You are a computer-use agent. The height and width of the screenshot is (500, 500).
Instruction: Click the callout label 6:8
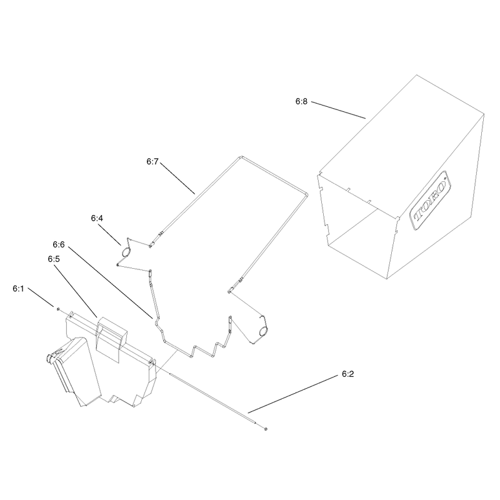click(x=301, y=101)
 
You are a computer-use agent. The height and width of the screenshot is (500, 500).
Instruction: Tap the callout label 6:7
click(x=152, y=162)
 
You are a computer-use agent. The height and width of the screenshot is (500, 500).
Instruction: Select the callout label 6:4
click(x=97, y=218)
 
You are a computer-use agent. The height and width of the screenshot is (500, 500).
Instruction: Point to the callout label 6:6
click(x=59, y=244)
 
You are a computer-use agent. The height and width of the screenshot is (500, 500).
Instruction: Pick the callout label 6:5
click(x=54, y=259)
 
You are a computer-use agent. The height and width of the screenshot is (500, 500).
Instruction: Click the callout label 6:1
click(x=19, y=289)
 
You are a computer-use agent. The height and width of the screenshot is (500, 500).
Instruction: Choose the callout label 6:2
click(x=348, y=374)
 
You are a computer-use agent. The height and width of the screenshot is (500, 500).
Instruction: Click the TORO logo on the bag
click(x=430, y=200)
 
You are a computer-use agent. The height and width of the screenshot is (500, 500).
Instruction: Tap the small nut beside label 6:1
click(x=58, y=309)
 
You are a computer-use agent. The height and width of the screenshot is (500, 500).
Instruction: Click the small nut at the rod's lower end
click(x=266, y=429)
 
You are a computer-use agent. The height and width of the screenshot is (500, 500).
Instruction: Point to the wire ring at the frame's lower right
click(x=263, y=332)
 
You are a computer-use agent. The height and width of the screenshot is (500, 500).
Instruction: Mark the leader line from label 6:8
click(x=338, y=110)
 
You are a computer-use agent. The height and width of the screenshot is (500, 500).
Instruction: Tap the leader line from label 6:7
click(x=177, y=179)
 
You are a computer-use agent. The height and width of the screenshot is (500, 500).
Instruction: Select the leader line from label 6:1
click(x=41, y=297)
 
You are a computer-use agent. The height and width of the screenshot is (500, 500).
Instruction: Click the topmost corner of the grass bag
click(x=416, y=75)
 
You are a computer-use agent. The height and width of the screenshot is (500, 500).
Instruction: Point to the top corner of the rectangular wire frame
click(x=241, y=157)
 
